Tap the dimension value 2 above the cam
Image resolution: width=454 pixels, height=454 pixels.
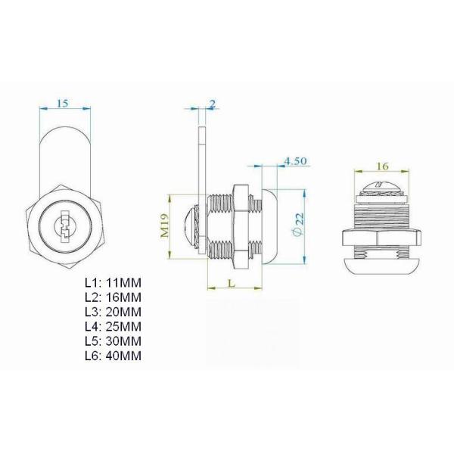pos(213,103)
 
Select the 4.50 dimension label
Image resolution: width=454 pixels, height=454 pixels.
pos(294,160)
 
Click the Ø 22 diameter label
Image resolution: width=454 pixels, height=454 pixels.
pos(298,223)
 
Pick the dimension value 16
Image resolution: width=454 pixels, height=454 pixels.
pos(381,164)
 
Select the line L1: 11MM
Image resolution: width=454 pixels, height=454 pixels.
pos(113,282)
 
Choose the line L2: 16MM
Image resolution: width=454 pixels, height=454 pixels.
pos(113,297)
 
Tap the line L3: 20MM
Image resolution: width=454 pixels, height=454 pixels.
pos(113,311)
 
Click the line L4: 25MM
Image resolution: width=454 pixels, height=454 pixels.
pos(113,325)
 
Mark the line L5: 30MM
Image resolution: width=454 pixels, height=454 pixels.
pos(113,340)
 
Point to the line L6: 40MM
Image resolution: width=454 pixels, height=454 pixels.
pos(113,354)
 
